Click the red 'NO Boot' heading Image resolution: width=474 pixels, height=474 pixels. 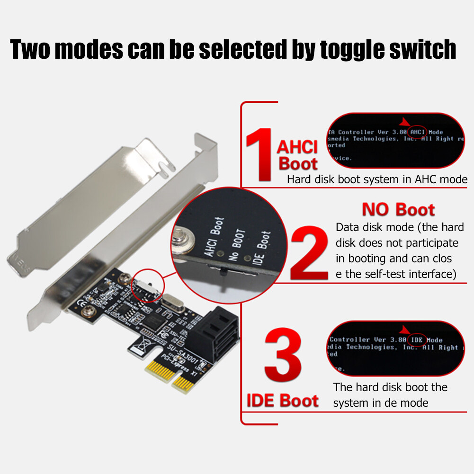pyautogui.click(x=398, y=209)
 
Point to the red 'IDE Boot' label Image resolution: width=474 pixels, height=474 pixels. pyautogui.click(x=282, y=401)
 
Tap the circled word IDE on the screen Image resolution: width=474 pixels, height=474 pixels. pyautogui.click(x=417, y=340)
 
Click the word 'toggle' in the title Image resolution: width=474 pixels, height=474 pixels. pyautogui.click(x=358, y=50)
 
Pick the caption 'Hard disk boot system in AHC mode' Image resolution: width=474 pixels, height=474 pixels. pyautogui.click(x=377, y=180)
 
